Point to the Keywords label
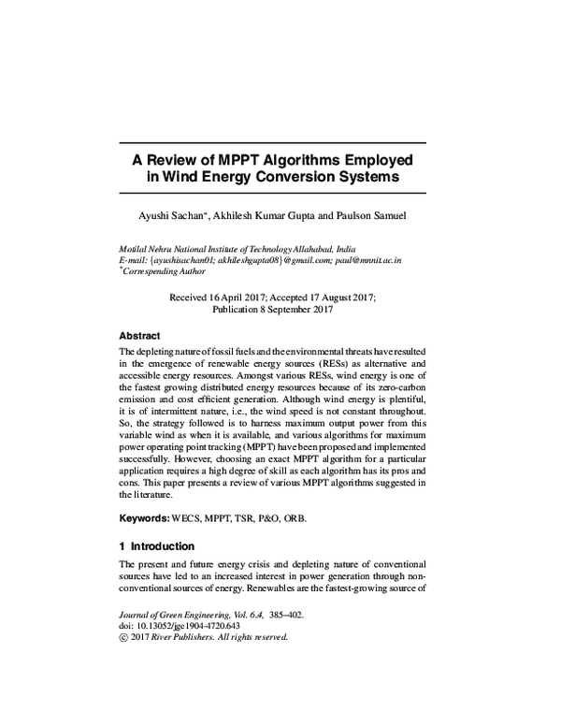click(x=143, y=517)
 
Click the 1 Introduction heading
click(x=156, y=546)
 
